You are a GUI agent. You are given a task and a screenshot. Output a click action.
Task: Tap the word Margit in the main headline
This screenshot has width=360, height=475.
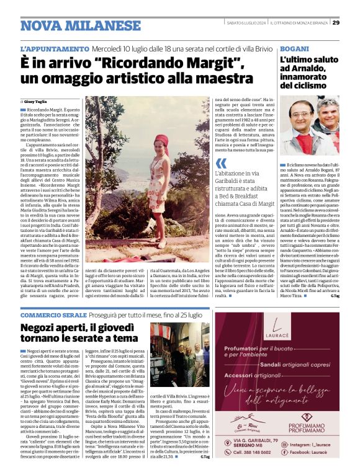coord(202,63)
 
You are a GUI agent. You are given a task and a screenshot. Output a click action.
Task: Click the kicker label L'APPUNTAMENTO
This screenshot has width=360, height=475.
coord(55,48)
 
